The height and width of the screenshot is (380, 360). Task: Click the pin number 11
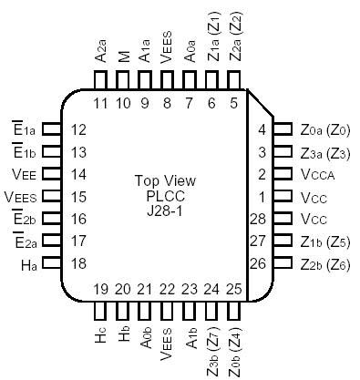click(101, 104)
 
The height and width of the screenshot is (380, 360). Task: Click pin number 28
click(258, 219)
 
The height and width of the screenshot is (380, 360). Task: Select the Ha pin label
click(28, 263)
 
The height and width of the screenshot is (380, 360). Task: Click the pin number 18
click(78, 263)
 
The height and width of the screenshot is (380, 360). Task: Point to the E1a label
click(26, 130)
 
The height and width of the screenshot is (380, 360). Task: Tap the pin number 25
click(234, 290)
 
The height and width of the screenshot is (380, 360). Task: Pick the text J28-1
click(167, 211)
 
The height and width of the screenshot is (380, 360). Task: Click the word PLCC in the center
click(167, 195)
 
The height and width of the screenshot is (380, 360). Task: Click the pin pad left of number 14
click(52, 174)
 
